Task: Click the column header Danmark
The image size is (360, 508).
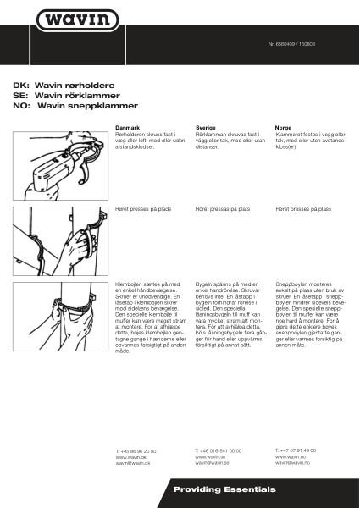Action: (127, 126)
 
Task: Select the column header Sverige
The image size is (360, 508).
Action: (206, 126)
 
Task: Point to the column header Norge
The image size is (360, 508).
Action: (285, 126)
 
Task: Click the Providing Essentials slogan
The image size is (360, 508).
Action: (224, 490)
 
